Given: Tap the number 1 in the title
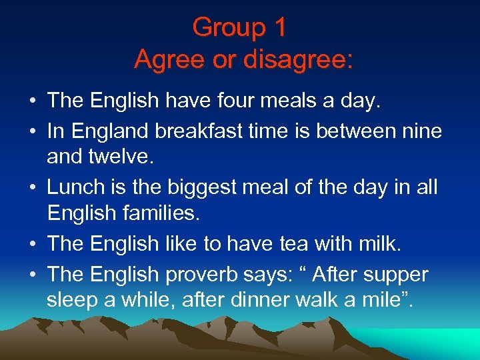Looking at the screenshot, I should click(279, 28).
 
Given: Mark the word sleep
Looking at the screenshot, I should click(73, 301).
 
